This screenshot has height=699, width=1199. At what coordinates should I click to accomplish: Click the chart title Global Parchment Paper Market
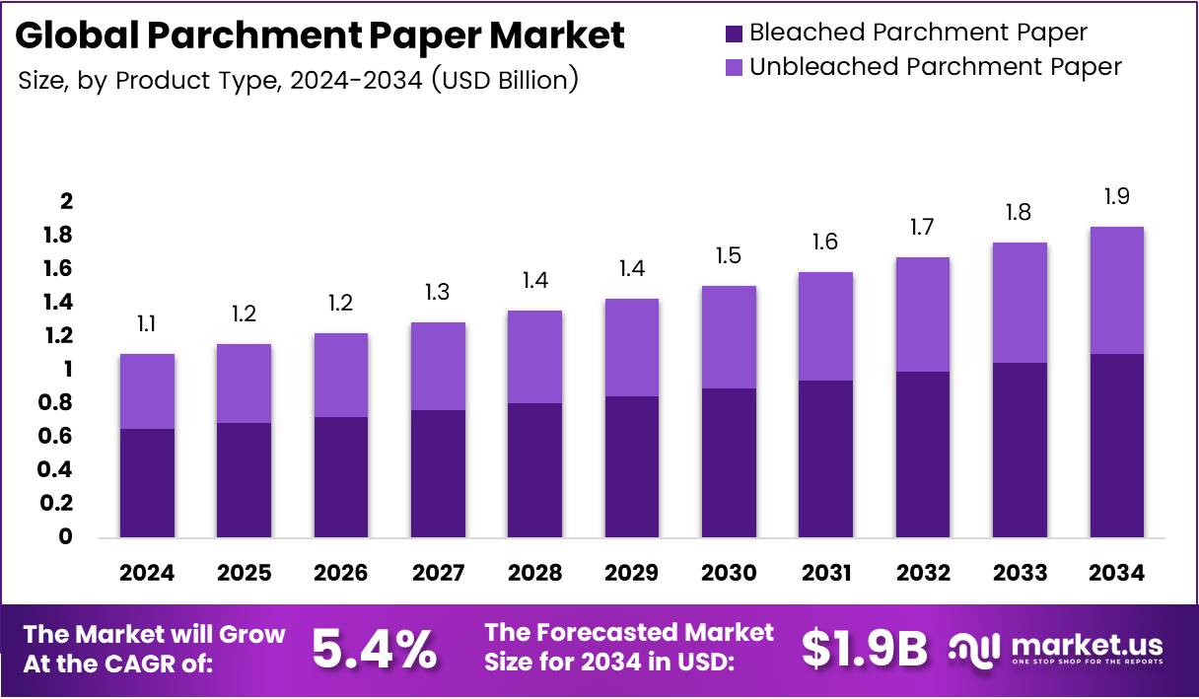(320, 36)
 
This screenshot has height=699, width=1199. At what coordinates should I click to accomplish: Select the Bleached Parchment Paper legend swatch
(735, 33)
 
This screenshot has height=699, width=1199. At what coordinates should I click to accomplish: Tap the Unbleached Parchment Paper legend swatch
(735, 67)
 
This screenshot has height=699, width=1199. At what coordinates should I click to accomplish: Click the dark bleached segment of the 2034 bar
(1116, 446)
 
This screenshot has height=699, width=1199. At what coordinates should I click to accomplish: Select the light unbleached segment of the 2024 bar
(147, 391)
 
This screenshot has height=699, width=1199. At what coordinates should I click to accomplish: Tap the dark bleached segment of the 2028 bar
(534, 470)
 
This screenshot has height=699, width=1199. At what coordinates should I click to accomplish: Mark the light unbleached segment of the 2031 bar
(825, 326)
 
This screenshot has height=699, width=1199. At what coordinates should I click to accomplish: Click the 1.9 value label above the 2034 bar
(1116, 197)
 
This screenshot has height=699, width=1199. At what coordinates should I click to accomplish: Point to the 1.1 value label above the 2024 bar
(147, 324)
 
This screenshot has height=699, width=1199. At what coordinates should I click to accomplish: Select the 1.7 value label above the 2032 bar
(922, 228)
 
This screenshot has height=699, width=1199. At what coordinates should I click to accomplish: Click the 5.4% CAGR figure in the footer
(375, 648)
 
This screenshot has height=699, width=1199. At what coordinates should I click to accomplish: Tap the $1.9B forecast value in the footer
(865, 648)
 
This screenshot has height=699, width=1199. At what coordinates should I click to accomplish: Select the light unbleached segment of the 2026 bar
(341, 375)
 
